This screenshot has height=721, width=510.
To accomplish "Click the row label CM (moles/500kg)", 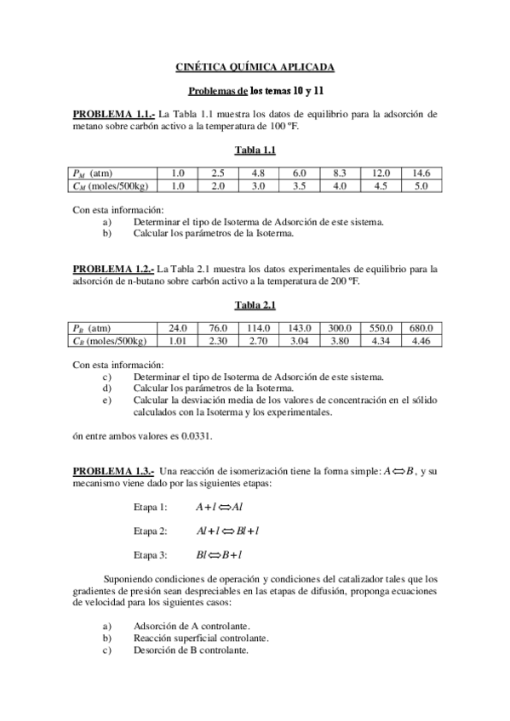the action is point(108,185).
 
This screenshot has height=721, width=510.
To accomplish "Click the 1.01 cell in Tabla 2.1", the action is point(178,341).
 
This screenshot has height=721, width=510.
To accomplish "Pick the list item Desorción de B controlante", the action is point(191,650).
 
